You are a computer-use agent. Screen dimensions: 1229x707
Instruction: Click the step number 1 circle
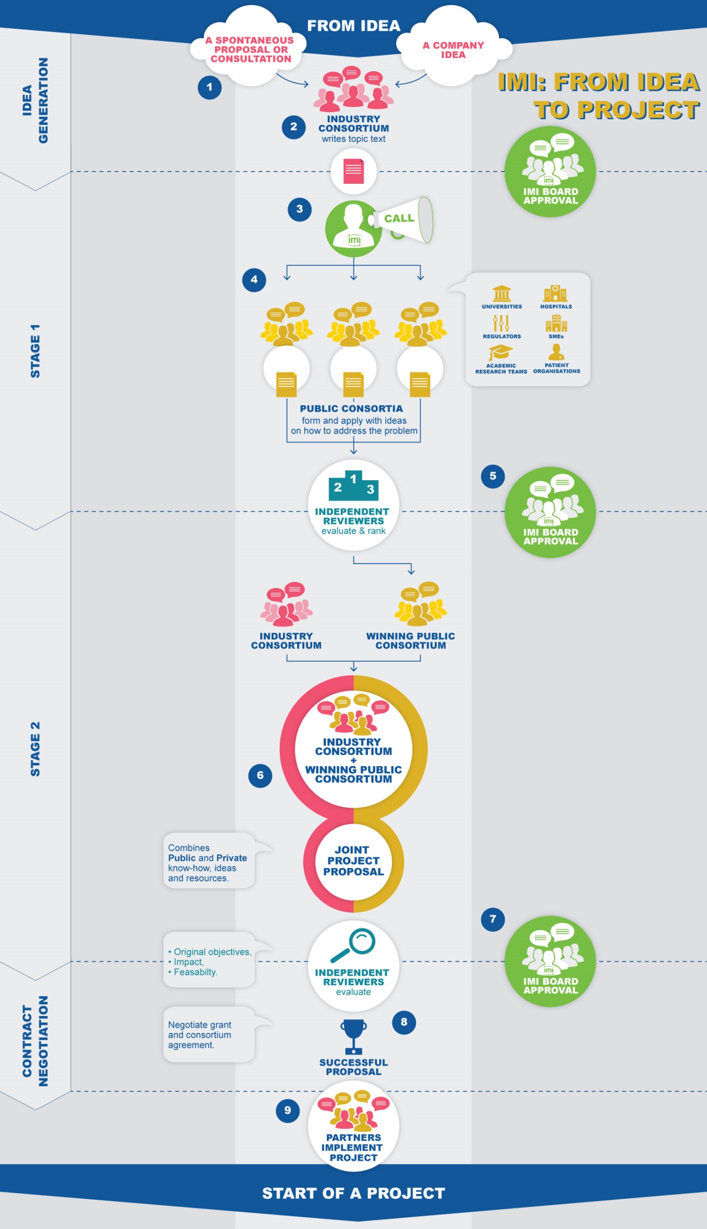tap(209, 88)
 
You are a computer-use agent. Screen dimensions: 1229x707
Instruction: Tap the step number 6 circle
tap(260, 775)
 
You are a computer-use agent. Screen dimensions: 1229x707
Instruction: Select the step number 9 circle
tap(288, 1110)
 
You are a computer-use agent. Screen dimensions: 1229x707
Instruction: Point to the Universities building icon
tap(502, 294)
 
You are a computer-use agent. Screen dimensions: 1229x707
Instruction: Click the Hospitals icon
tap(555, 294)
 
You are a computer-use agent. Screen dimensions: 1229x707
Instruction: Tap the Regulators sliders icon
tap(501, 324)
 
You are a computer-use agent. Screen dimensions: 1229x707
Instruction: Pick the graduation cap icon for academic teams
tap(500, 353)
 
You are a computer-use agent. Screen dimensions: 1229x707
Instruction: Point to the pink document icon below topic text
tap(353, 171)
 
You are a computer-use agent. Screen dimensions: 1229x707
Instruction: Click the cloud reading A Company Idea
tap(453, 50)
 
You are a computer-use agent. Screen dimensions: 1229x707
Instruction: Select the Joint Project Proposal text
tap(353, 860)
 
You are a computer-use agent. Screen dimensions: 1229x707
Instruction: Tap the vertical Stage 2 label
tap(35, 749)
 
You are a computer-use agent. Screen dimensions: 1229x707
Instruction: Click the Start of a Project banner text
tap(353, 1193)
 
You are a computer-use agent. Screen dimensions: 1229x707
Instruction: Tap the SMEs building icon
tap(556, 324)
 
